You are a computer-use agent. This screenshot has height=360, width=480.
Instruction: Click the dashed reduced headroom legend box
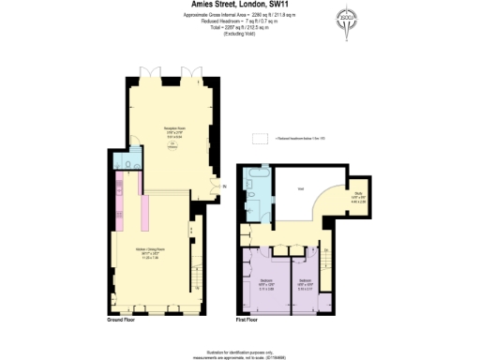(265, 137)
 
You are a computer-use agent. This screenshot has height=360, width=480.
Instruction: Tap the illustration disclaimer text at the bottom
(240, 350)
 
